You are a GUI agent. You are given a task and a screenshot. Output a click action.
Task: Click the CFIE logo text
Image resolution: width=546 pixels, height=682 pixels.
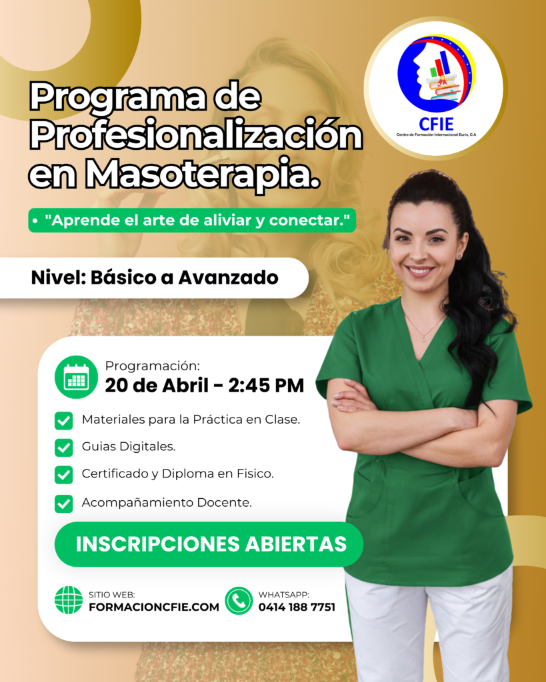tap(437, 124)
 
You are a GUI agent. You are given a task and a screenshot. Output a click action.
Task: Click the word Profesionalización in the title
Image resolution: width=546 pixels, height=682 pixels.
tap(196, 137)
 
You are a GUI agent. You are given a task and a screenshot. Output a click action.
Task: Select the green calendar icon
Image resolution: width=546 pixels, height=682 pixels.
tap(76, 377)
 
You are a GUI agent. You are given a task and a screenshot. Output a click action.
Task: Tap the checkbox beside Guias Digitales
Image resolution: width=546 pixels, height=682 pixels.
tap(64, 447)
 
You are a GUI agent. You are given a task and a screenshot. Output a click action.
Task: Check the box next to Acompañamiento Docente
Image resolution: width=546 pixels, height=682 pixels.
tap(64, 504)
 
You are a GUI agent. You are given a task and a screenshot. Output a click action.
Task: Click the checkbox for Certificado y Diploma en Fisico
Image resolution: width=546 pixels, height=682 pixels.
tap(64, 475)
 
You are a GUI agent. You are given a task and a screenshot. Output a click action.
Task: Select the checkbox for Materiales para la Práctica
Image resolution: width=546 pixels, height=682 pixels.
tap(64, 420)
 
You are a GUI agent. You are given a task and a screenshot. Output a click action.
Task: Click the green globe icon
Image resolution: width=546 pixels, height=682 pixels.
tap(69, 600)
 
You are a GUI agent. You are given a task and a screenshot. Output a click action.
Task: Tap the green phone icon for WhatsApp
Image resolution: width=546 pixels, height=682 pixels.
tap(239, 600)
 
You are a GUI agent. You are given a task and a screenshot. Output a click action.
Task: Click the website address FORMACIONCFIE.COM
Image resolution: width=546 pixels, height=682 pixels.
tap(154, 607)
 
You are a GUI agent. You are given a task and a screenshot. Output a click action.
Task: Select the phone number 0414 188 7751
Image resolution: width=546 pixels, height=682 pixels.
tap(297, 607)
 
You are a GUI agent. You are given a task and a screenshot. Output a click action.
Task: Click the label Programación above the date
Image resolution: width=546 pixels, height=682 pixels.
tap(152, 366)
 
